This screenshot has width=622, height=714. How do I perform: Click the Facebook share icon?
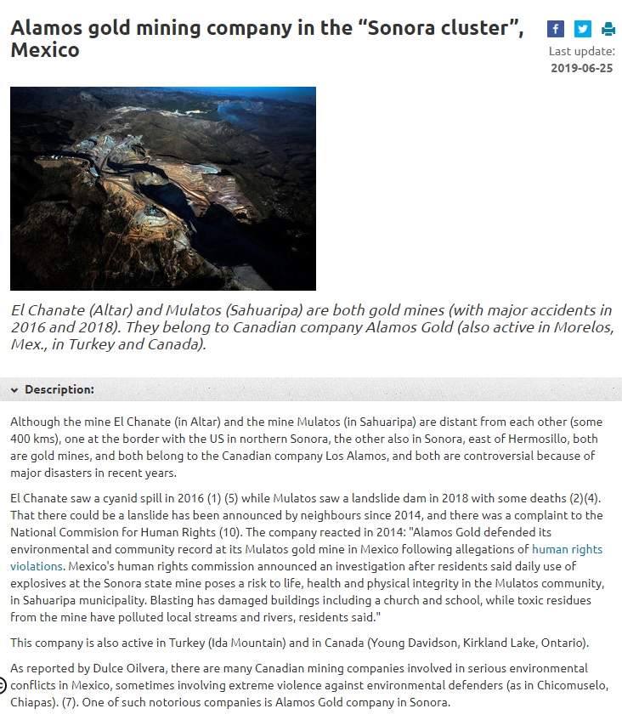[x=556, y=29]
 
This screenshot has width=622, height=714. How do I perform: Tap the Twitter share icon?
[x=582, y=29]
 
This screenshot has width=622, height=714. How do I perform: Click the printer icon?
[x=608, y=29]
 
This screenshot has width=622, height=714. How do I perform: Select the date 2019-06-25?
[x=581, y=68]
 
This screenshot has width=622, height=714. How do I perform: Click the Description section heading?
[x=59, y=390]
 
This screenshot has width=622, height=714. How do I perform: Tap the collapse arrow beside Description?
[x=14, y=390]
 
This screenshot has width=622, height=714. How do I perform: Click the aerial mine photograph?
[x=163, y=188]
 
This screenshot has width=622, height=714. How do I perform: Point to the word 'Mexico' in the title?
[x=45, y=49]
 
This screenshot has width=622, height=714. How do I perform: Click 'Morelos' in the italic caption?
[x=579, y=327]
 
